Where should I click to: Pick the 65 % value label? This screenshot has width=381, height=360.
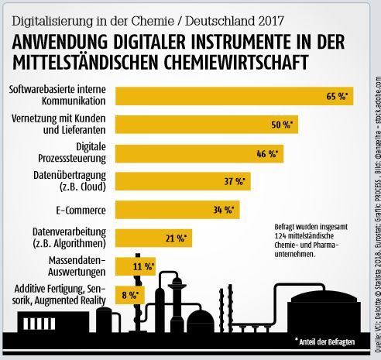pyautogui.click(x=338, y=97)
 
